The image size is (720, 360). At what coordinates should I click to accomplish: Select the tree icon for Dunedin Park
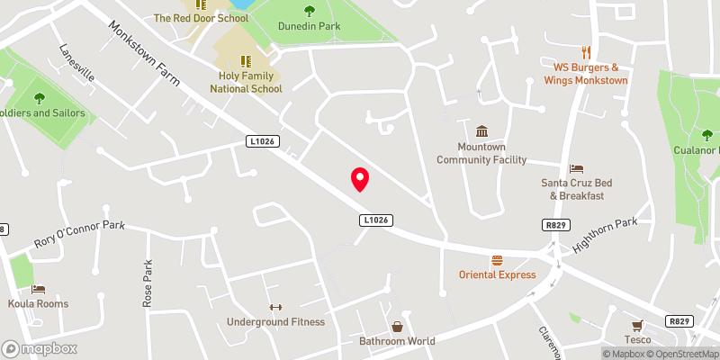pos(310,11)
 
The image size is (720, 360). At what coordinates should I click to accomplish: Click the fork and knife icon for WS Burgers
pos(587,52)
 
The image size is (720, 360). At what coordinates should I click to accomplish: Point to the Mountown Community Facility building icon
pos(481,131)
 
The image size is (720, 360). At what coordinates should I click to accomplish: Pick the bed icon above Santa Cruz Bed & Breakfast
pos(576,168)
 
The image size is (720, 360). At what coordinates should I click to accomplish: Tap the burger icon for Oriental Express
pos(497,260)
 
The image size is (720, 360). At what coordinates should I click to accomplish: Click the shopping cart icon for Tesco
pos(637,325)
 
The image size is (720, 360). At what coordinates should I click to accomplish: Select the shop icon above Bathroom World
pos(396,327)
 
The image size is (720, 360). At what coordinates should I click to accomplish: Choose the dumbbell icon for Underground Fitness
pos(275,307)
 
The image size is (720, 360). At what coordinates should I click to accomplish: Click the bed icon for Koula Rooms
pos(39,289)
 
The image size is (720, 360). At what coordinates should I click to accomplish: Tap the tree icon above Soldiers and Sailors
pos(39,98)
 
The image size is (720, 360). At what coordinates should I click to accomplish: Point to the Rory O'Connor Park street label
pos(79,232)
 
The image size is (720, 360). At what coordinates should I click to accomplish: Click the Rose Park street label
pos(148,285)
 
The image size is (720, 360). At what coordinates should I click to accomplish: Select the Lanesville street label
pos(76,64)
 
